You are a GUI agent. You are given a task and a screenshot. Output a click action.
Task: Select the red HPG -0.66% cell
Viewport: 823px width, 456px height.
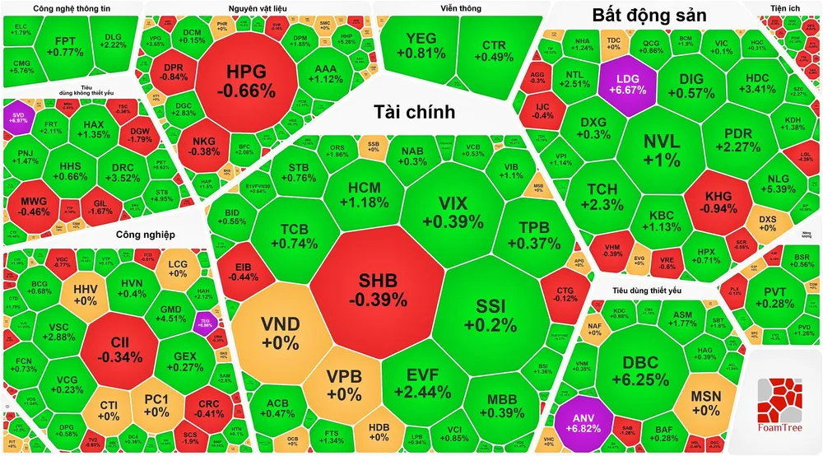245,80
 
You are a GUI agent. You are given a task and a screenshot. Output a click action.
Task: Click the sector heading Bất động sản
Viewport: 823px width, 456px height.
649,16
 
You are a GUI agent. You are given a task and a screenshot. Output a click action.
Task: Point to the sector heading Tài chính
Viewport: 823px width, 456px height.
413,112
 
